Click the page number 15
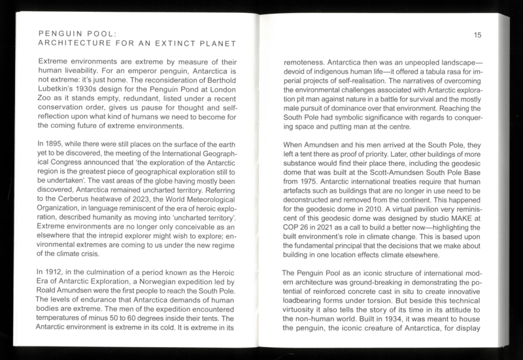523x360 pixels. pyautogui.click(x=477, y=35)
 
